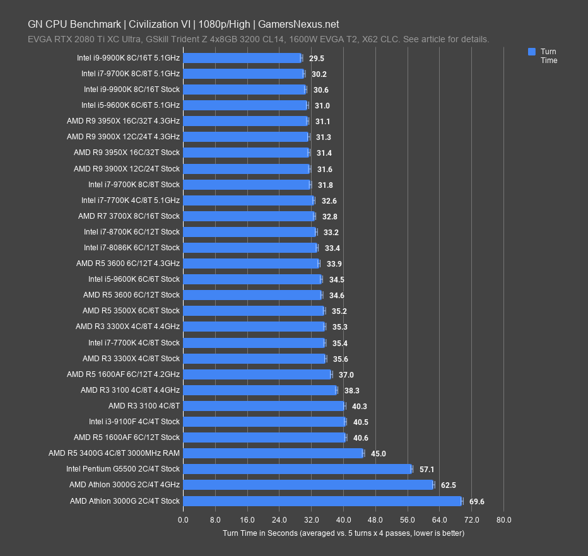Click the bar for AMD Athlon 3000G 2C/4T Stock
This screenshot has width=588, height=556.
click(322, 501)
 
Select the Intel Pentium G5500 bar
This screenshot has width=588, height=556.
click(297, 469)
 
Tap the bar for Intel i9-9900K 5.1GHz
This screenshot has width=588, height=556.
click(242, 58)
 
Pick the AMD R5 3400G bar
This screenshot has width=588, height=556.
click(273, 453)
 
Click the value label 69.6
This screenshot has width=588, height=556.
click(477, 502)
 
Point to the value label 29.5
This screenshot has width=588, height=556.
click(317, 58)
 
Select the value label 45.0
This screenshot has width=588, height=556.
click(378, 453)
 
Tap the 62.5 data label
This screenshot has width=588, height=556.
click(449, 485)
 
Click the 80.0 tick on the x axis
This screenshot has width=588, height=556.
click(503, 520)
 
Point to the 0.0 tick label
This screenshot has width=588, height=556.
click(183, 520)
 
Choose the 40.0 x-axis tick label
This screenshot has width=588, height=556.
click(343, 520)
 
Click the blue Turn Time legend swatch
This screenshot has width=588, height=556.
click(532, 52)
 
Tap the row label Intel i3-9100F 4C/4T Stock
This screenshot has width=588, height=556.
click(134, 422)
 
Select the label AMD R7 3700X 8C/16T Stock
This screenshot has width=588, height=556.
click(129, 216)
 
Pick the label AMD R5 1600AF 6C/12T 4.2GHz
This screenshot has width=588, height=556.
click(124, 374)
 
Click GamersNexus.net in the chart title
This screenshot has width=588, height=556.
click(298, 25)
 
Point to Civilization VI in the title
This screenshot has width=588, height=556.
click(162, 25)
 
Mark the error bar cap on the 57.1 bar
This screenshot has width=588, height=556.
click(412, 469)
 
